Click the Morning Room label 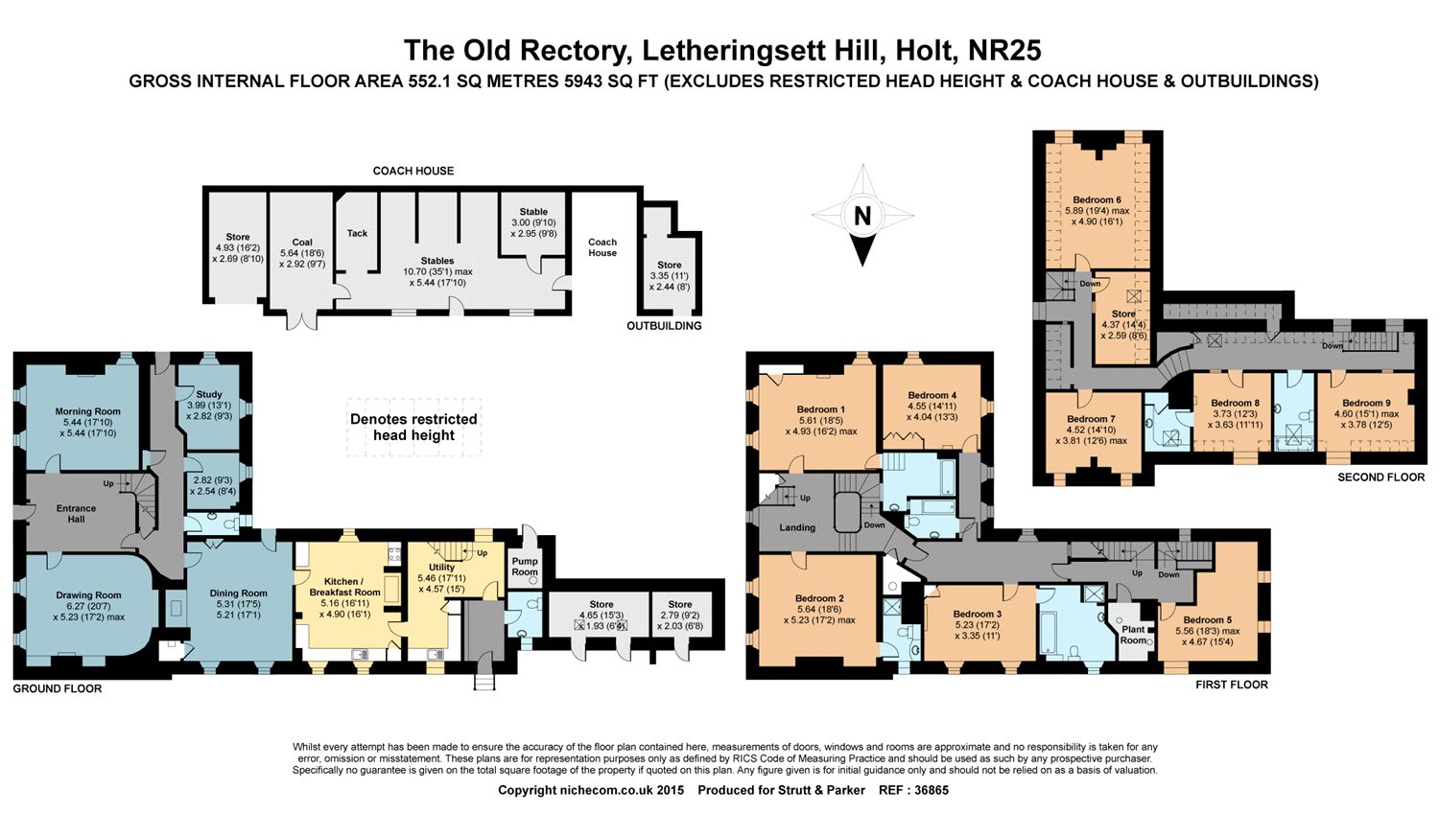[x=87, y=411]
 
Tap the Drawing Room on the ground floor [x=88, y=595]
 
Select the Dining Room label [x=238, y=593]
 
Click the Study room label [x=209, y=394]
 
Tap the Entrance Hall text [x=76, y=514]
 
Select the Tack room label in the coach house [x=357, y=233]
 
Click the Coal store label [x=302, y=243]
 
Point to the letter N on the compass [x=862, y=218]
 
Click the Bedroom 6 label [x=1097, y=200]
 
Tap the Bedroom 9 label [x=1363, y=404]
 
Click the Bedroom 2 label [x=819, y=598]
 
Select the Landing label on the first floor [x=797, y=527]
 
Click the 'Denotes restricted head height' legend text [x=413, y=427]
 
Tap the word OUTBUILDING [x=664, y=326]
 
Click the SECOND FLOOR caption [x=1380, y=477]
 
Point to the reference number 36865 [x=928, y=790]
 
